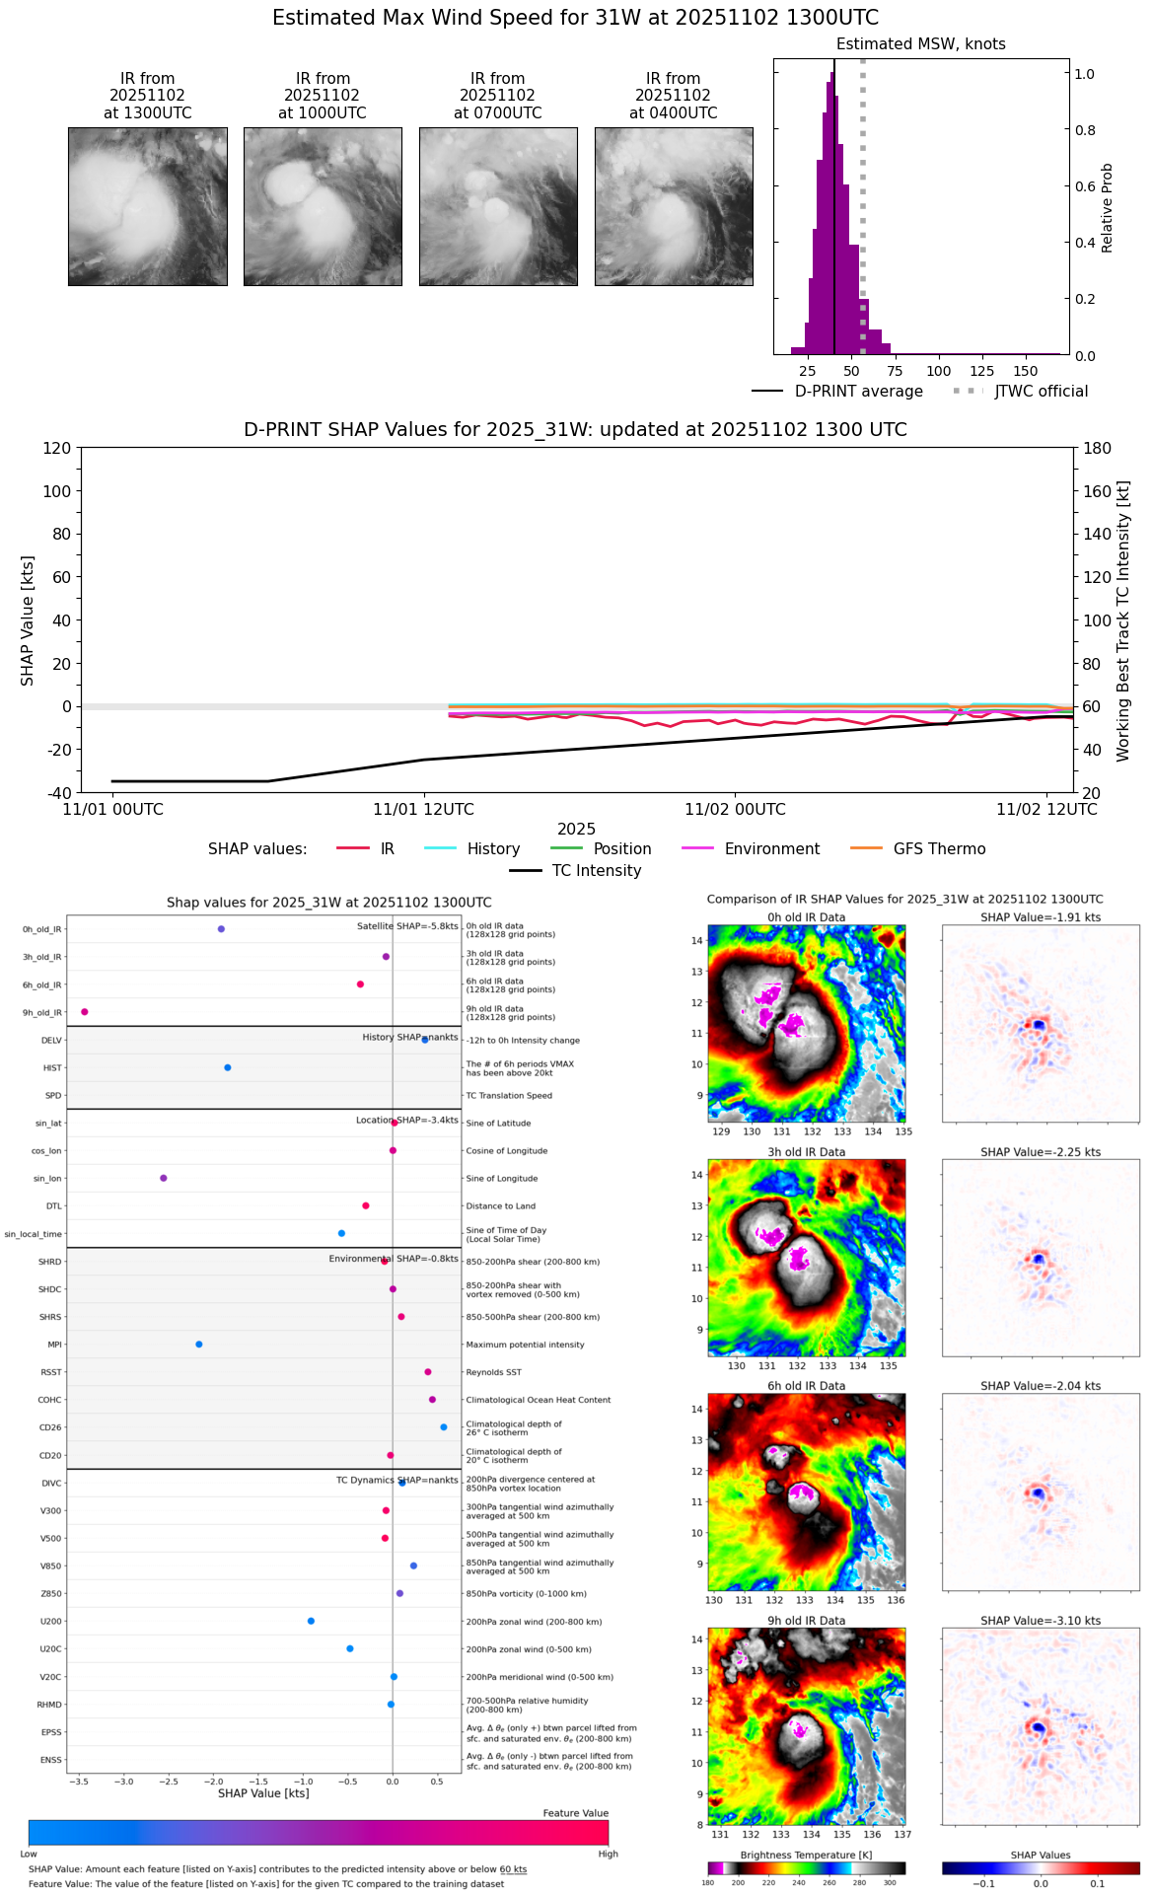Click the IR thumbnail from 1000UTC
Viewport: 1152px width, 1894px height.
click(323, 206)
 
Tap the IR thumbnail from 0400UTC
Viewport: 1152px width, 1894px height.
click(674, 206)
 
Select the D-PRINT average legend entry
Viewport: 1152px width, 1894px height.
click(838, 392)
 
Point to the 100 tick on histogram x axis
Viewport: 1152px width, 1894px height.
click(939, 371)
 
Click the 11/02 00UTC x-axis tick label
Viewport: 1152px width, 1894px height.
click(735, 810)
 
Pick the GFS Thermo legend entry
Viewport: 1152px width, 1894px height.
click(917, 849)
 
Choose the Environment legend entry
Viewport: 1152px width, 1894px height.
click(751, 849)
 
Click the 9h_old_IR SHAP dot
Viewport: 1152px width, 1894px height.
click(85, 1012)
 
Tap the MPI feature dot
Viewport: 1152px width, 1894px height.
click(199, 1345)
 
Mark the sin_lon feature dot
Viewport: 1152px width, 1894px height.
click(164, 1178)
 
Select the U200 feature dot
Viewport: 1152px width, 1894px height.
click(311, 1621)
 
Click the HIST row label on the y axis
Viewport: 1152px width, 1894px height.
click(52, 1068)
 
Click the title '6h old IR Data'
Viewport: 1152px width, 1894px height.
click(806, 1386)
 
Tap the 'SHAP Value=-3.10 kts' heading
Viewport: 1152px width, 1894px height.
click(1041, 1621)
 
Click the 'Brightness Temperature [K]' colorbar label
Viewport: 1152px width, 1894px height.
click(806, 1856)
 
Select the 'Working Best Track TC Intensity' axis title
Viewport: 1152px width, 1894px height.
click(1123, 621)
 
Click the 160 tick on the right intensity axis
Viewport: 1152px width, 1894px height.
click(1098, 491)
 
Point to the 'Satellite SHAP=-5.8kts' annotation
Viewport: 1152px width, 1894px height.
click(407, 926)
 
